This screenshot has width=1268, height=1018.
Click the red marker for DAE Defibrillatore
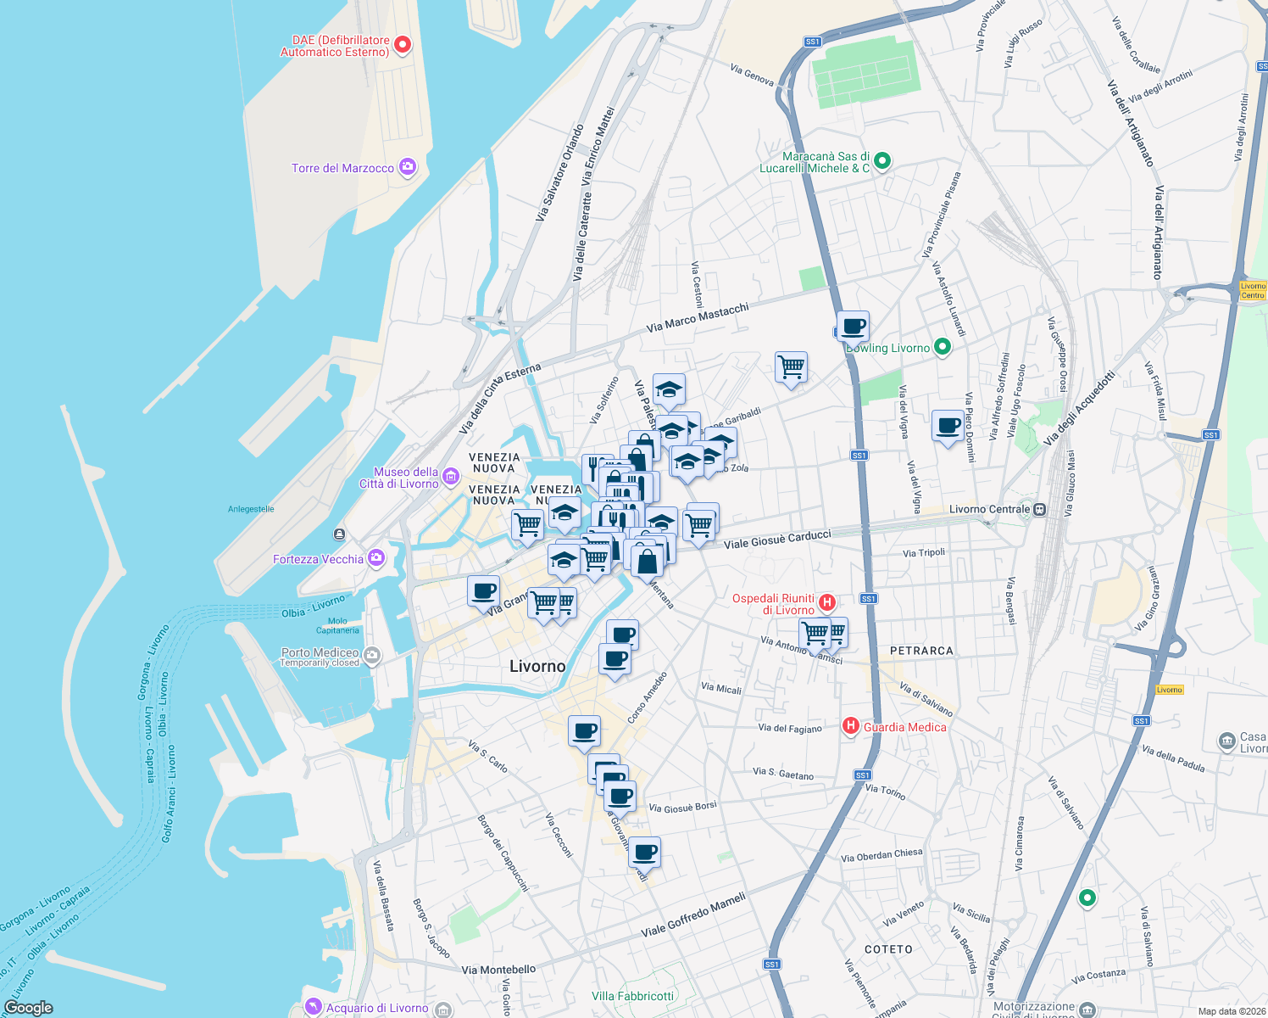click(403, 44)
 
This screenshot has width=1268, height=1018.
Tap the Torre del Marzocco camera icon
click(408, 167)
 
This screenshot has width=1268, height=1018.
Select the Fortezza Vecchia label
click(318, 559)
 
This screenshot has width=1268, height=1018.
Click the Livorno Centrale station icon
click(1040, 510)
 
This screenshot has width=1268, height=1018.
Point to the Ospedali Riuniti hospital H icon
click(827, 603)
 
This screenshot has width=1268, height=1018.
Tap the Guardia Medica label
click(904, 727)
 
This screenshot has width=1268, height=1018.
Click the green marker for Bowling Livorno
click(942, 346)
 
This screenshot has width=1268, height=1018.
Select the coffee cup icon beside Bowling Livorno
click(854, 326)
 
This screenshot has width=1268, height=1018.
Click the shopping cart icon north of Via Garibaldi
click(791, 367)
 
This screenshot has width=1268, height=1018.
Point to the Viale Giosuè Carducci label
click(777, 539)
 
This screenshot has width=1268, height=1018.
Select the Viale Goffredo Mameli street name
click(693, 915)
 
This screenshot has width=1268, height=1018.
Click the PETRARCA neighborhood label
click(921, 651)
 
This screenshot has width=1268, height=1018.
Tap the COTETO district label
click(888, 949)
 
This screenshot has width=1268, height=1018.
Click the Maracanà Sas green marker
click(881, 159)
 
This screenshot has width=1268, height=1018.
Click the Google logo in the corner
click(28, 1007)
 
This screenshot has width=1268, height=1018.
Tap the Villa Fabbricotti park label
click(632, 996)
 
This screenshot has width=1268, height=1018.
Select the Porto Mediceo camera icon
click(371, 655)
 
